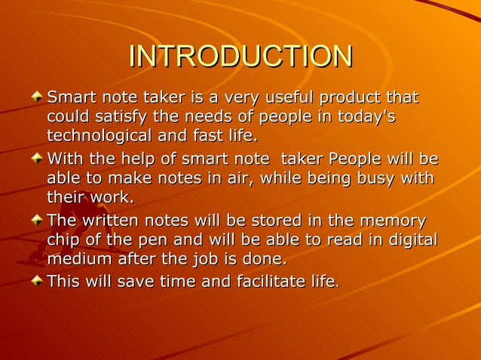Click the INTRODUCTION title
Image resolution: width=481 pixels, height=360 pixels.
(240, 56)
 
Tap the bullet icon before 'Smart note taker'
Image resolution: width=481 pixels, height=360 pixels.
(37, 98)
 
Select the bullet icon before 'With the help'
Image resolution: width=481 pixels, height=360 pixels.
(37, 160)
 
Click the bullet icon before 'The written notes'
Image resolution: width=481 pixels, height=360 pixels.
(37, 221)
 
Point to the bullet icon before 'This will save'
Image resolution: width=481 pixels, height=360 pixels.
(37, 282)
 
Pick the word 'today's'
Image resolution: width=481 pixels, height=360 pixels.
(367, 117)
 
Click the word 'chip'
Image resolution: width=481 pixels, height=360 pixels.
(64, 240)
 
